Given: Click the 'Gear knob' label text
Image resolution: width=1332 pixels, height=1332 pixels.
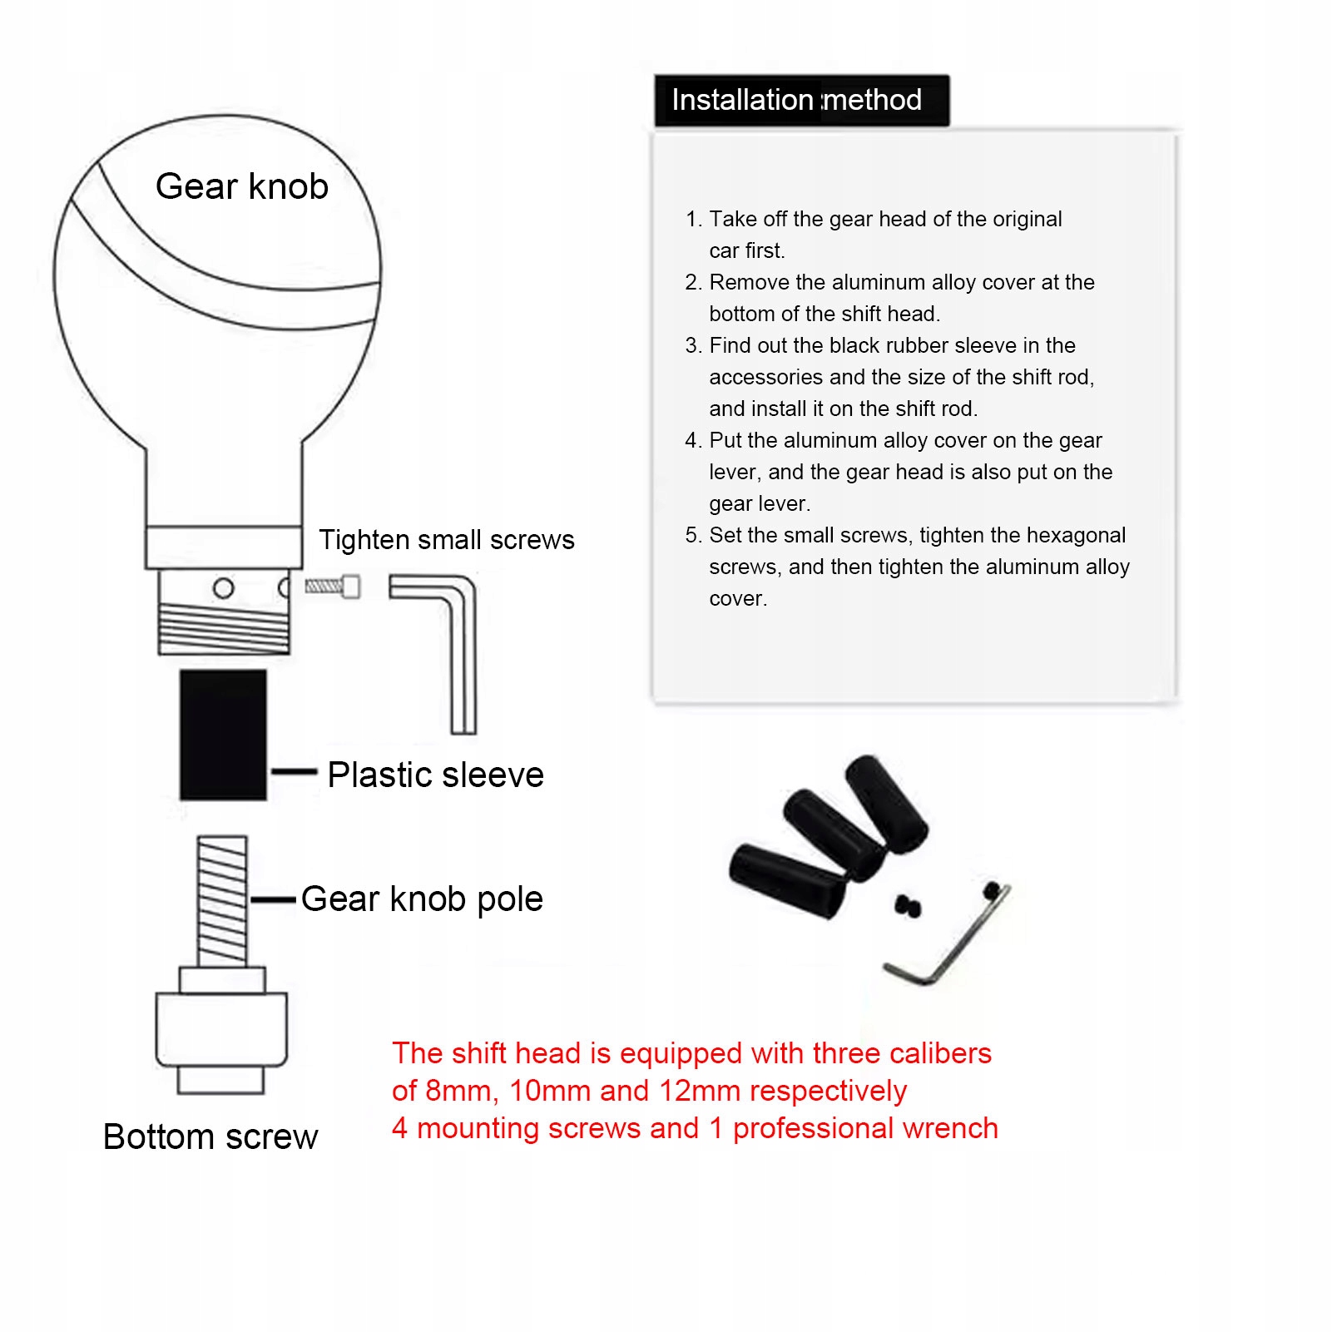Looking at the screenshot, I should pyautogui.click(x=241, y=186).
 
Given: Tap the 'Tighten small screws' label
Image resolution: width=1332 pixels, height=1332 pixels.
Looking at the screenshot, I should pyautogui.click(x=446, y=540).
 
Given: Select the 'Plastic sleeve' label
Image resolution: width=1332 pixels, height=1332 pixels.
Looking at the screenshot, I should pyautogui.click(x=435, y=775).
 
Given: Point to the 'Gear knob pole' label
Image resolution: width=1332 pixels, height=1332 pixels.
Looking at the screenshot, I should pyautogui.click(x=422, y=899).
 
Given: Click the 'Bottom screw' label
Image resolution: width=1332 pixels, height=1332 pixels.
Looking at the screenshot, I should pyautogui.click(x=210, y=1136).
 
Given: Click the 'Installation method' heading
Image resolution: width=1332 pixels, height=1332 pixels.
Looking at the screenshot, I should pyautogui.click(x=796, y=100).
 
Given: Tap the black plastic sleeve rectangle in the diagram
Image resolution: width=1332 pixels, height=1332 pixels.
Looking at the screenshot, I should pyautogui.click(x=223, y=734).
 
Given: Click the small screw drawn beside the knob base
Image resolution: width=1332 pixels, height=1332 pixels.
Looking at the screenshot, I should pyautogui.click(x=333, y=587).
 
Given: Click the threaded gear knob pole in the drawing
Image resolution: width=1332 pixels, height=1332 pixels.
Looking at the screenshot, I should pyautogui.click(x=222, y=900).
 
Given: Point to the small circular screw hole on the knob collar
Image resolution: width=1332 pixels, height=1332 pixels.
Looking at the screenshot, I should pyautogui.click(x=223, y=589).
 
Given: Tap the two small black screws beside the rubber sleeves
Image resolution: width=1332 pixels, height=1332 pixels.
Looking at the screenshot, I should pyautogui.click(x=908, y=905).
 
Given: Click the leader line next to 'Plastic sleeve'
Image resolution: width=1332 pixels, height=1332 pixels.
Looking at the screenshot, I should pyautogui.click(x=294, y=772).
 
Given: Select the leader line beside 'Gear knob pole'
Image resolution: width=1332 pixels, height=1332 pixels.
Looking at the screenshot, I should pyautogui.click(x=273, y=899).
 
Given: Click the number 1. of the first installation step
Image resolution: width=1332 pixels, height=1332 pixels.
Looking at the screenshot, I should pyautogui.click(x=694, y=219).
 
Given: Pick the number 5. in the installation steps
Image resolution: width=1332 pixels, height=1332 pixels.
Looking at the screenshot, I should pyautogui.click(x=694, y=535).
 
